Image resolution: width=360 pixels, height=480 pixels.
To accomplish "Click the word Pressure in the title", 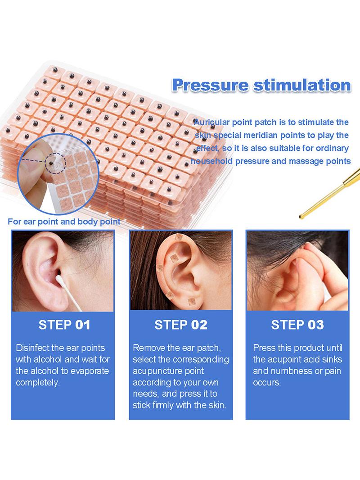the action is click(x=210, y=85).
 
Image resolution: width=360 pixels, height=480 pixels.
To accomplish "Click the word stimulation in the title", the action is click(x=302, y=85).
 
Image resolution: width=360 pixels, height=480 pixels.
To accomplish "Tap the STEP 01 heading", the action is click(x=64, y=325).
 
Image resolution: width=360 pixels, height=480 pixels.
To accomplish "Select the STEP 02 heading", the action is click(x=181, y=325).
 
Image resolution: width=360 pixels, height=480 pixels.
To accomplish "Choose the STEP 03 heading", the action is click(x=297, y=325).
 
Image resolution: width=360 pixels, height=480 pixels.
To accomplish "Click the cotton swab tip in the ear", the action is click(x=59, y=279).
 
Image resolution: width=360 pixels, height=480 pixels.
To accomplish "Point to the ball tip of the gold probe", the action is click(x=301, y=217).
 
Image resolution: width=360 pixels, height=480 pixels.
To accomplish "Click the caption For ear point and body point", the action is click(x=64, y=222).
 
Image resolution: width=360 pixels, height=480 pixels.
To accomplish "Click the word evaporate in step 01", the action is click(x=90, y=371).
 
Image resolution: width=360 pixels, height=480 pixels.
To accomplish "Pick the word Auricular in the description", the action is click(x=211, y=122).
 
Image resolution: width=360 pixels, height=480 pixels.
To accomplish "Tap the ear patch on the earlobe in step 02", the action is click(x=192, y=302).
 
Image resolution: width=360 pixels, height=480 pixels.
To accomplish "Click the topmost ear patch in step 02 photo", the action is click(x=178, y=237).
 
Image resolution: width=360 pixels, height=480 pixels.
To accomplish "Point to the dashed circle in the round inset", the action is click(x=55, y=163).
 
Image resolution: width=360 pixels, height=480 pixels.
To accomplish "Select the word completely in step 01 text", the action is click(x=38, y=383).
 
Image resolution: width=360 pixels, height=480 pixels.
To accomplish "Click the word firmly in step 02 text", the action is click(x=163, y=405).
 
